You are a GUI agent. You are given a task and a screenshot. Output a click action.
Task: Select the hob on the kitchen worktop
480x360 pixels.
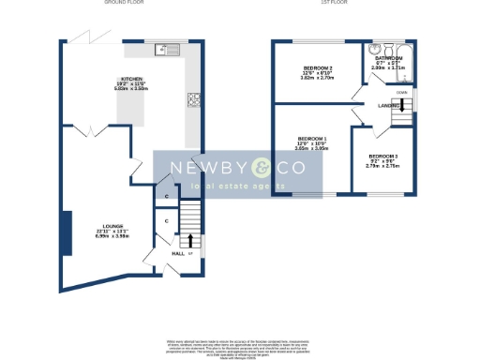pyautogui.click(x=195, y=98)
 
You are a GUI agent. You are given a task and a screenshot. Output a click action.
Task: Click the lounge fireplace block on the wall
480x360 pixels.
pyautogui.click(x=65, y=228)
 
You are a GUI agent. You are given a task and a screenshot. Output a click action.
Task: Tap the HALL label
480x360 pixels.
pyautogui.click(x=177, y=253)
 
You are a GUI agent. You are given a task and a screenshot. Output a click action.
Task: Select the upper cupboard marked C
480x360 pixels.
pyautogui.click(x=165, y=196)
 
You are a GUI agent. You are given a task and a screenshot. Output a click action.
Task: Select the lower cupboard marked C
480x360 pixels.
pyautogui.click(x=165, y=220)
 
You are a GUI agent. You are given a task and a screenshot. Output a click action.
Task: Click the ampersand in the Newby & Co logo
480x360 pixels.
pyautogui.click(x=261, y=169)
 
